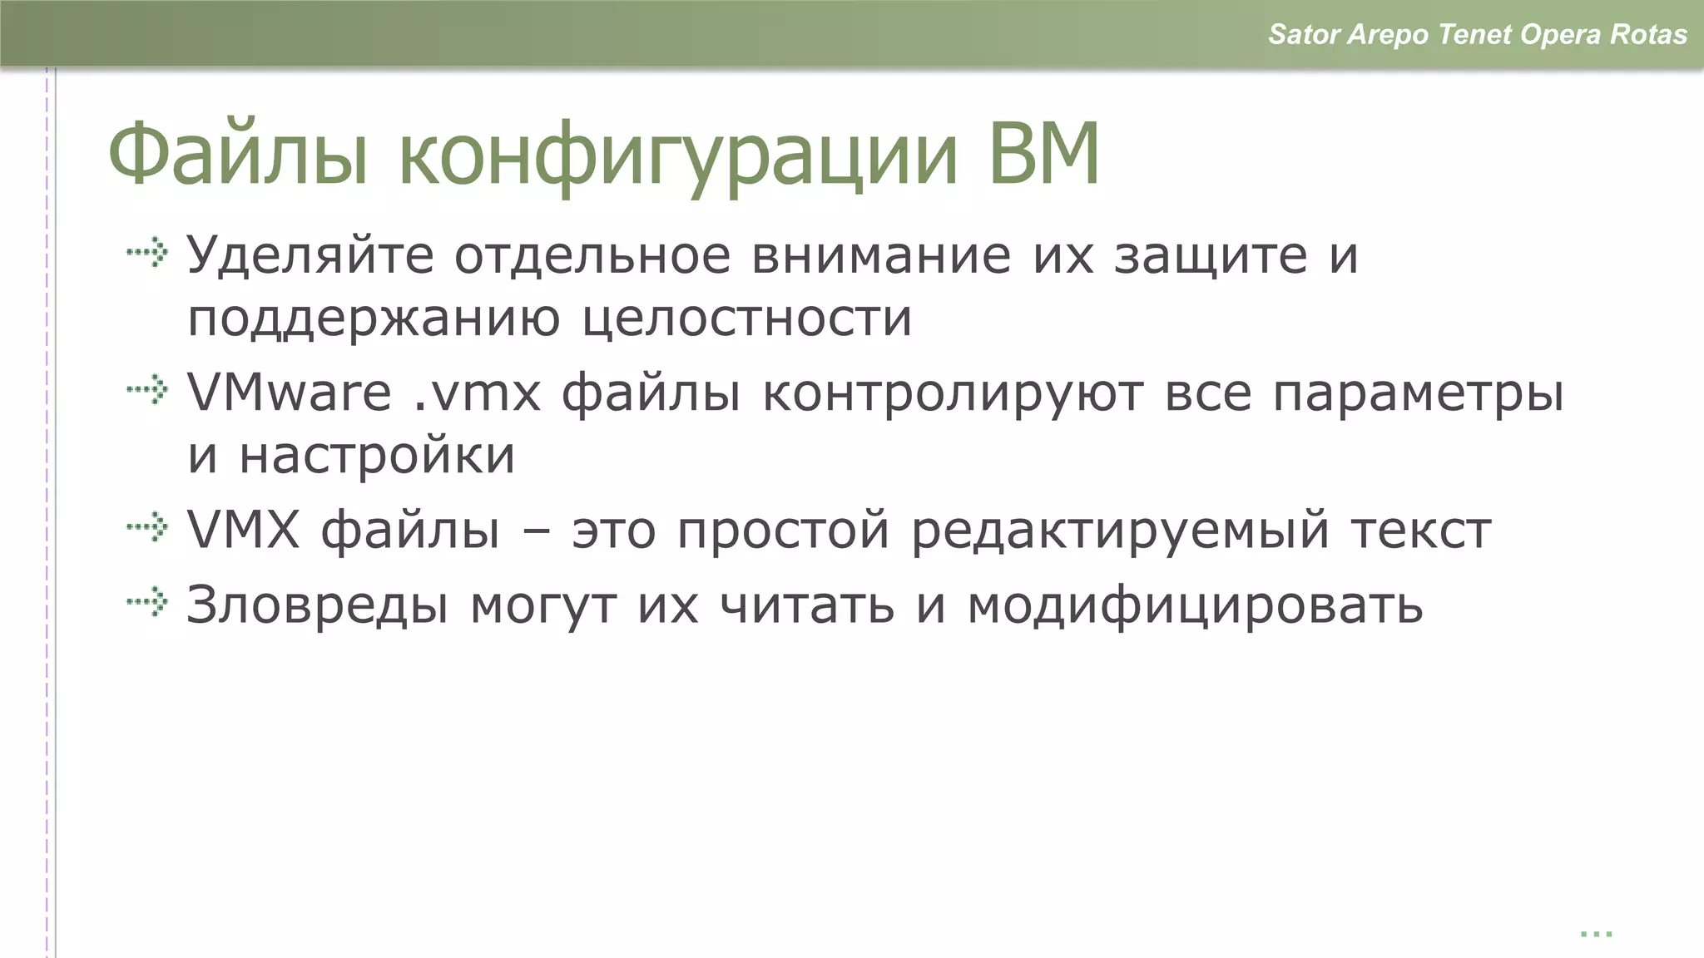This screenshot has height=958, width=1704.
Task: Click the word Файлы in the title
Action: tap(238, 155)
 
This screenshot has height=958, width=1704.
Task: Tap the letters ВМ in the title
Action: tap(1044, 155)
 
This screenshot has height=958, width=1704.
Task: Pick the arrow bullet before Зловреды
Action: tap(148, 601)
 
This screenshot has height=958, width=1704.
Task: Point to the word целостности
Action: tap(746, 319)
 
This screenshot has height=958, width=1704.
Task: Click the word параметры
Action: tap(1418, 394)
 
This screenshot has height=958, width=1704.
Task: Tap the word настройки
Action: tap(377, 457)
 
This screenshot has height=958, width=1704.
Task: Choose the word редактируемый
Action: tap(1120, 531)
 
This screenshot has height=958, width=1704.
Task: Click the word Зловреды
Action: tap(317, 605)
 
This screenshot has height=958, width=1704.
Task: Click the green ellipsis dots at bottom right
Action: tap(1596, 934)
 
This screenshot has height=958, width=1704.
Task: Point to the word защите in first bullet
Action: tap(1211, 256)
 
